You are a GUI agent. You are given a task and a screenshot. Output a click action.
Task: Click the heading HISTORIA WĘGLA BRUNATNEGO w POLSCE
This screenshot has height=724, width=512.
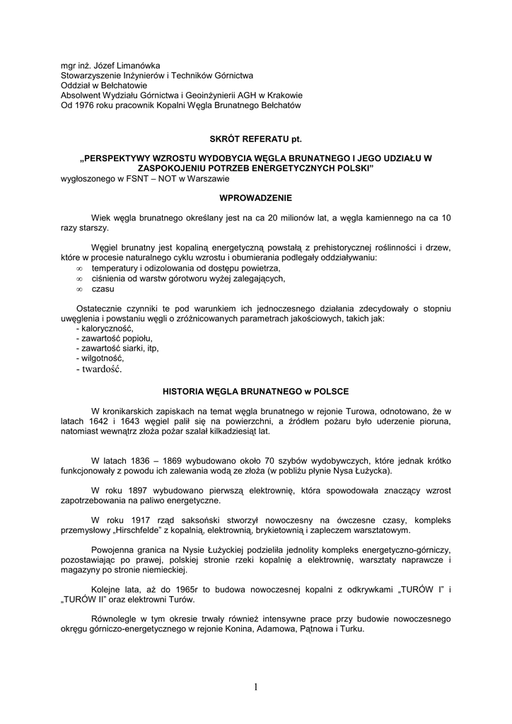255,391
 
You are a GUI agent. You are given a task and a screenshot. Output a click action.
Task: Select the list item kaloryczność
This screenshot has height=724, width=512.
105,329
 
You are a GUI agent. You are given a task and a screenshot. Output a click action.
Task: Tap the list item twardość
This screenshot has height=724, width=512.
99,368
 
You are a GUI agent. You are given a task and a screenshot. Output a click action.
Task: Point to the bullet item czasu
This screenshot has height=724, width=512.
103,288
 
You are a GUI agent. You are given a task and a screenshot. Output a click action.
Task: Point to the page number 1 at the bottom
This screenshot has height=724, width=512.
255,686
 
